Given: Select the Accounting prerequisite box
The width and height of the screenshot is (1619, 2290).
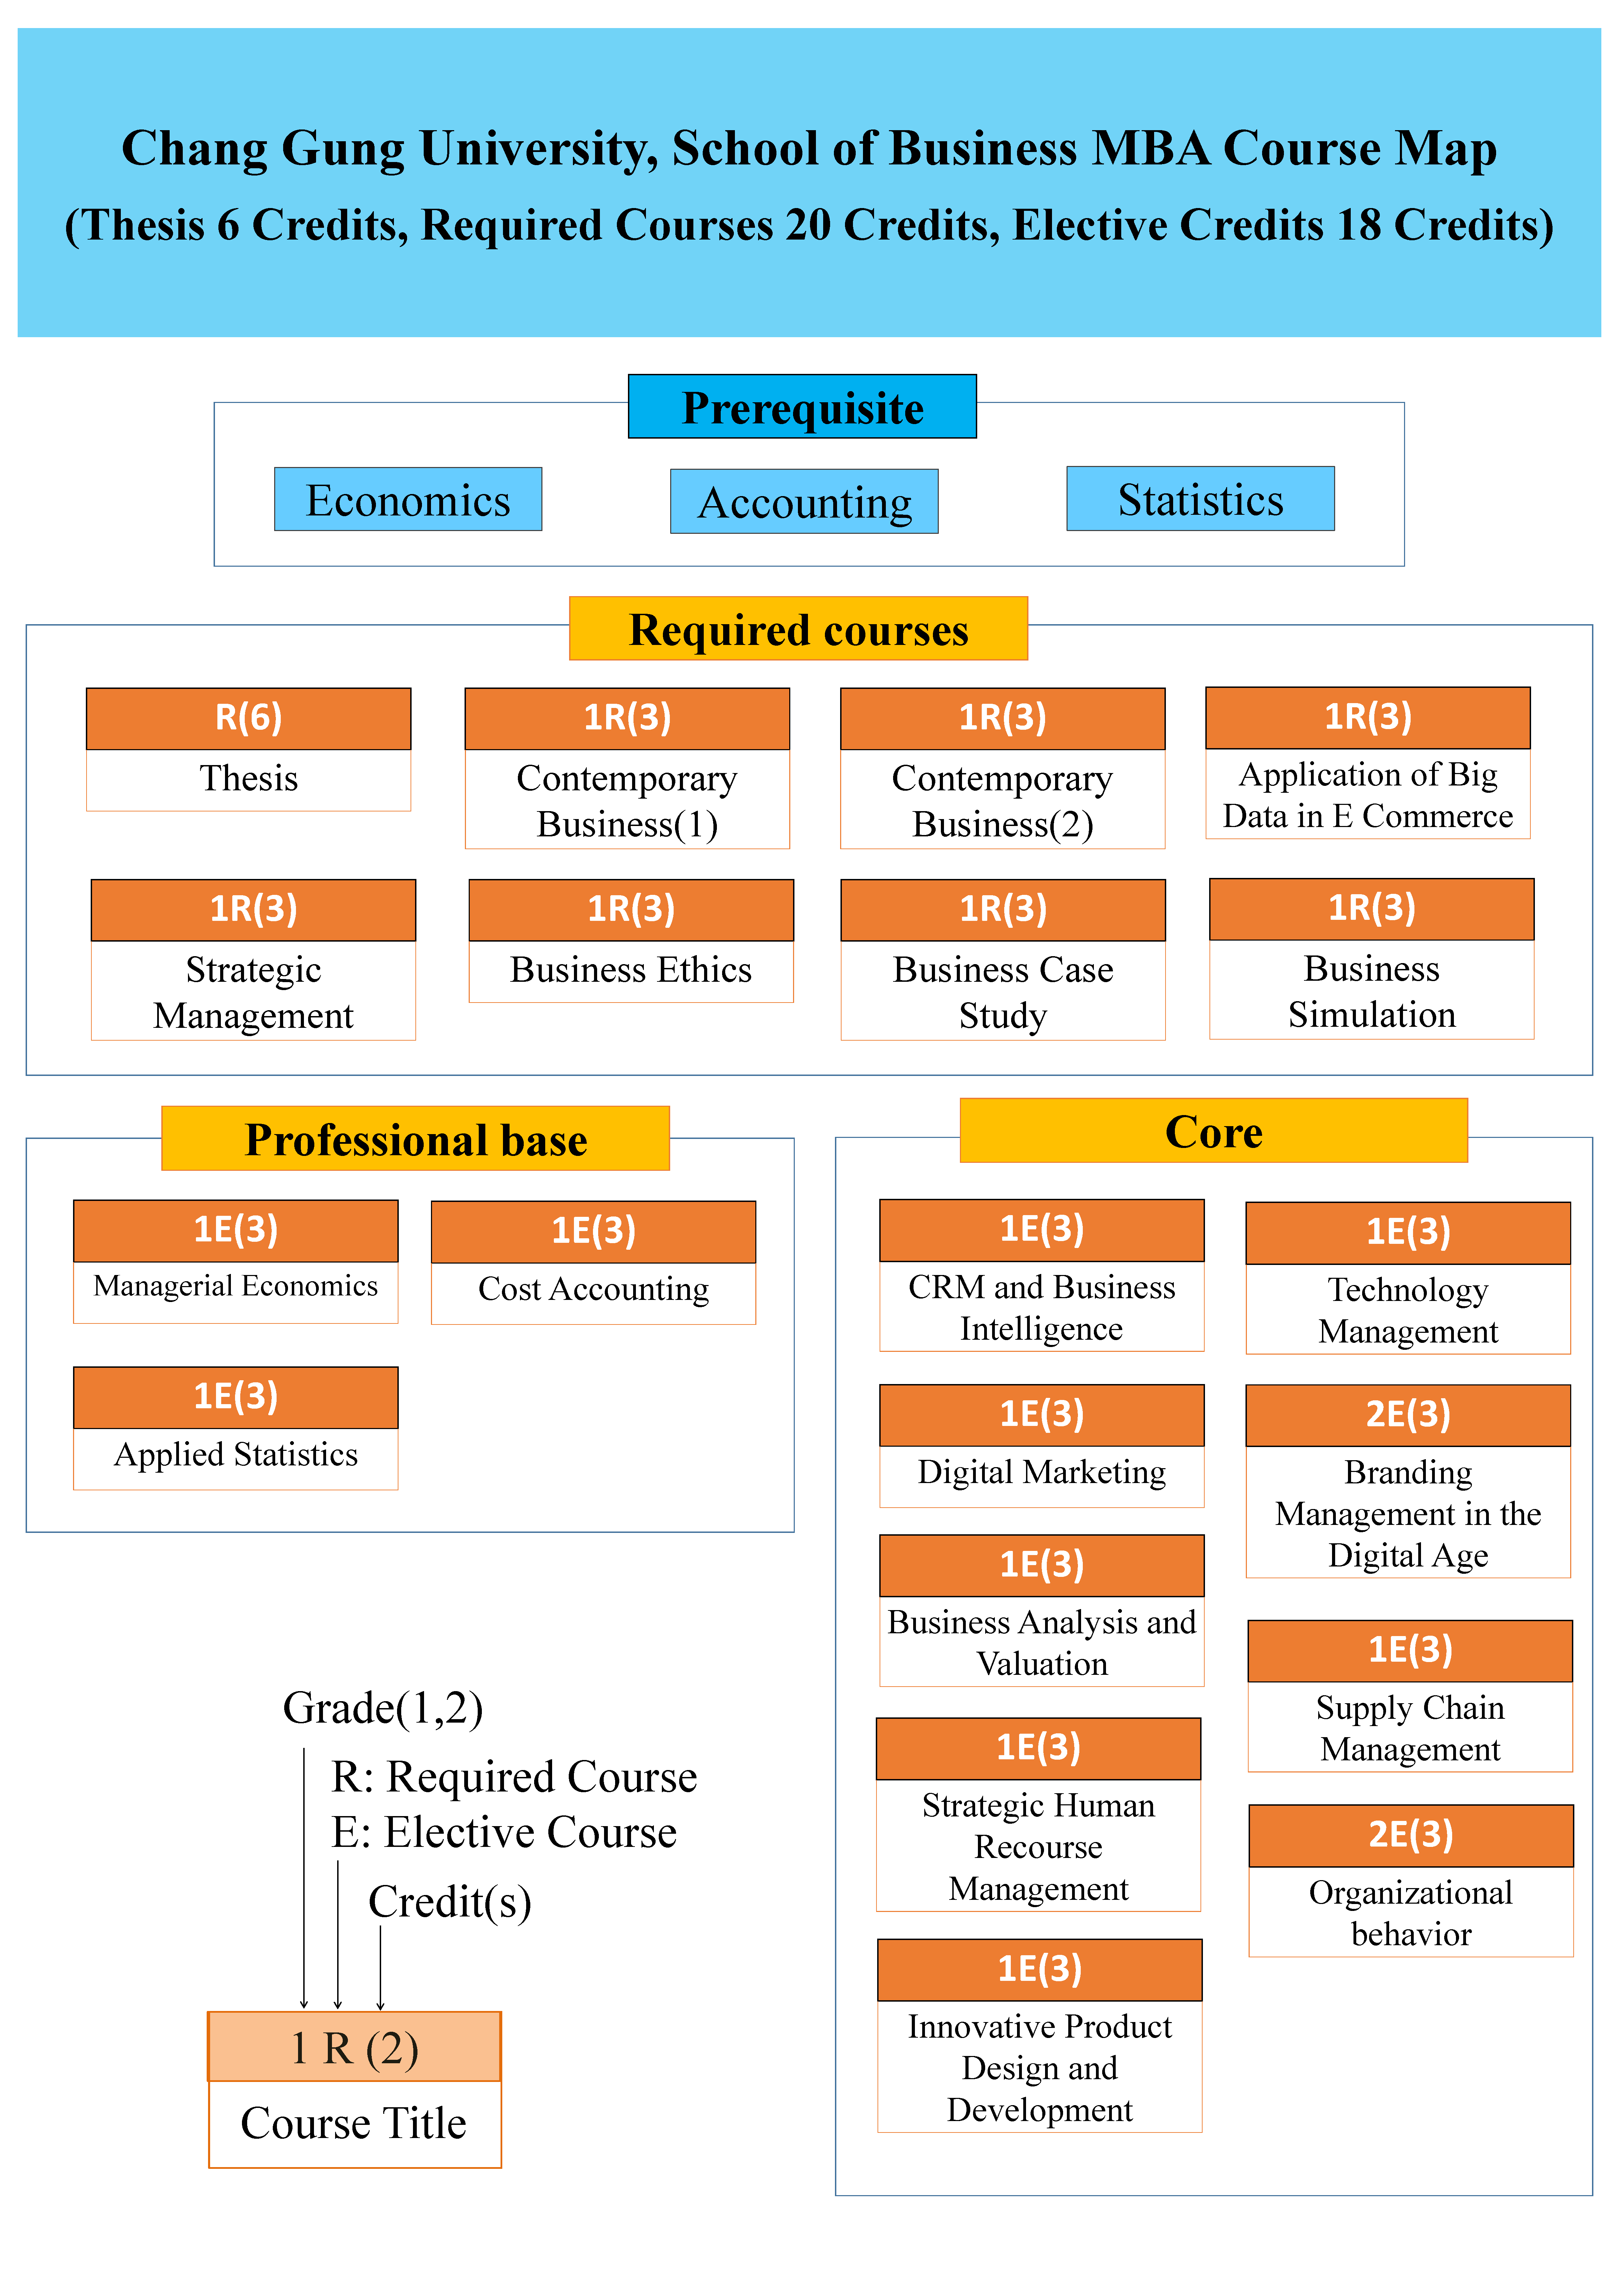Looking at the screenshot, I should (x=804, y=502).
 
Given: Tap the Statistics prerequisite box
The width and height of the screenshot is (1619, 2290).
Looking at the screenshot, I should (x=1200, y=499).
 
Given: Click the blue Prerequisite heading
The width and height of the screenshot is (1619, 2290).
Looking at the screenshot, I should (x=802, y=407).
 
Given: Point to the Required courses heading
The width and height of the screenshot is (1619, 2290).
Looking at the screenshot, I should (x=798, y=629).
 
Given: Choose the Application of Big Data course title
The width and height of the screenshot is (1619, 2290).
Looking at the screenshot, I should (x=1368, y=795).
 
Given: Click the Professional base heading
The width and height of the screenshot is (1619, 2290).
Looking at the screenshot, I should (x=415, y=1139).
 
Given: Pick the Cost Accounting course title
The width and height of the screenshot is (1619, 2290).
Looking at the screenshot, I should (x=594, y=1290).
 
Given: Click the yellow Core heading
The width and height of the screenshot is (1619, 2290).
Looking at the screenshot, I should (x=1213, y=1131).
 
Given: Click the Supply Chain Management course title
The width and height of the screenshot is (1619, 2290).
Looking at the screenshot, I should (x=1410, y=1727).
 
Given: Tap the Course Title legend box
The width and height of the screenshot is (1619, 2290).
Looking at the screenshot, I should (x=354, y=2123).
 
